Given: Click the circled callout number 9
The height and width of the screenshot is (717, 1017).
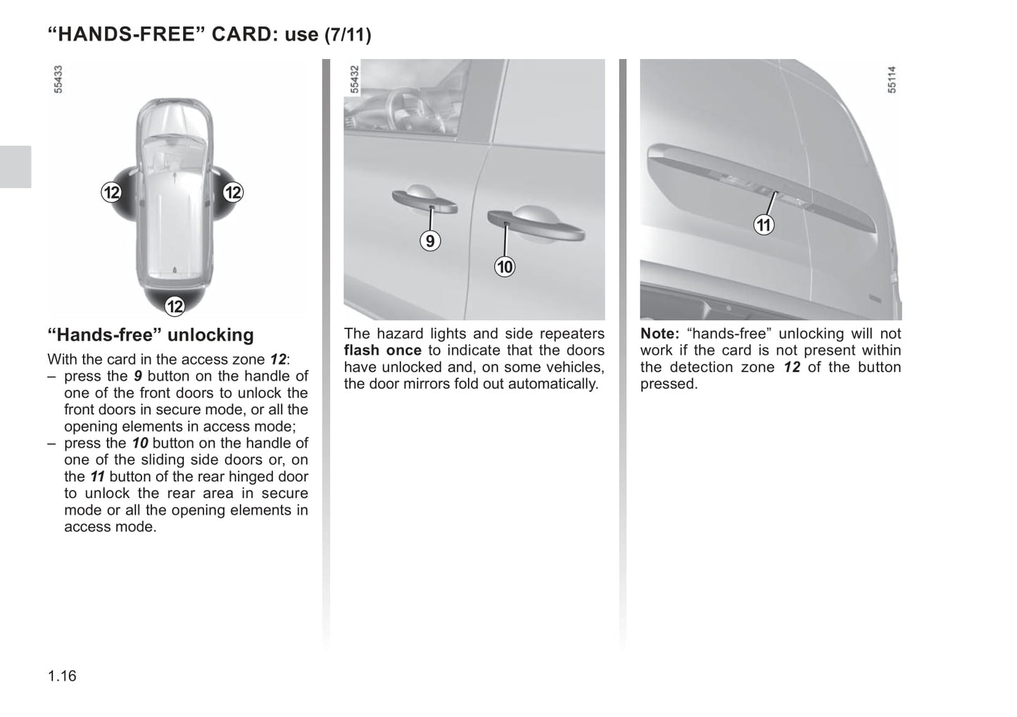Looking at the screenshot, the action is [429, 241].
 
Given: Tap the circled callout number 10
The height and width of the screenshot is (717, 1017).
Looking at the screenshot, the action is [505, 267].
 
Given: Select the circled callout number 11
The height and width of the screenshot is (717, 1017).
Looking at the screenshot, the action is [764, 225].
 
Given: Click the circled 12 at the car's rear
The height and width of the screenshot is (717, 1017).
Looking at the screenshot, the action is [175, 306].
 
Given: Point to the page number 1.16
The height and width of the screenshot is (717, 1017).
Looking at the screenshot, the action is [62, 676].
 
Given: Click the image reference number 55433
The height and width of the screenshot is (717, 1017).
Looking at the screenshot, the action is [58, 80].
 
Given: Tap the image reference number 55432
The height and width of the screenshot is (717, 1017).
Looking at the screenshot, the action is [355, 80].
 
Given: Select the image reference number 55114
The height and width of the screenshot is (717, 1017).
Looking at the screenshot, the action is [892, 80].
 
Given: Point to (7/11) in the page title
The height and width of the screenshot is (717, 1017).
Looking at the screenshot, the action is [348, 35].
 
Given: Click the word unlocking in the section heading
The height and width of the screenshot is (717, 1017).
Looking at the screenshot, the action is [210, 335].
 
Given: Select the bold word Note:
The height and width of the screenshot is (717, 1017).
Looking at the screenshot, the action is [659, 334].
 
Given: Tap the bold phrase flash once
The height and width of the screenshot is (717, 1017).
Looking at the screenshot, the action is [383, 350].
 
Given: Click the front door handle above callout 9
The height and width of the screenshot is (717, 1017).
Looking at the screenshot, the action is [424, 201].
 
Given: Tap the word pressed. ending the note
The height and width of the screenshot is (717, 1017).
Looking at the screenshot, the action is [669, 384].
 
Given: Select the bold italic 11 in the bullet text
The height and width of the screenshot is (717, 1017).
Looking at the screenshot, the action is [98, 476].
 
